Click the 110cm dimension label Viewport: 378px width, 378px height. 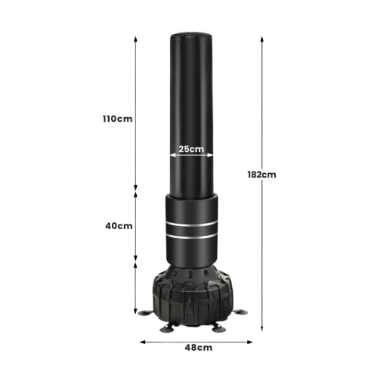117,119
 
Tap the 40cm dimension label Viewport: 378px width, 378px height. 119,226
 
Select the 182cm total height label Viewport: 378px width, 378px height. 262,175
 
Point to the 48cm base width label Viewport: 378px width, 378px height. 199,348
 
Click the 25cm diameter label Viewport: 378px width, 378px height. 191,149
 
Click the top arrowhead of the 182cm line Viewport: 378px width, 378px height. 262,39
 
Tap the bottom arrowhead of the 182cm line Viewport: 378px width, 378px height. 262,327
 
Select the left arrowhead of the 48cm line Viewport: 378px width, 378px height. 143,342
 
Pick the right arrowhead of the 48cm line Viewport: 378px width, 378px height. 249,342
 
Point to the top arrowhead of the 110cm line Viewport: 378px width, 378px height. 135,39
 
